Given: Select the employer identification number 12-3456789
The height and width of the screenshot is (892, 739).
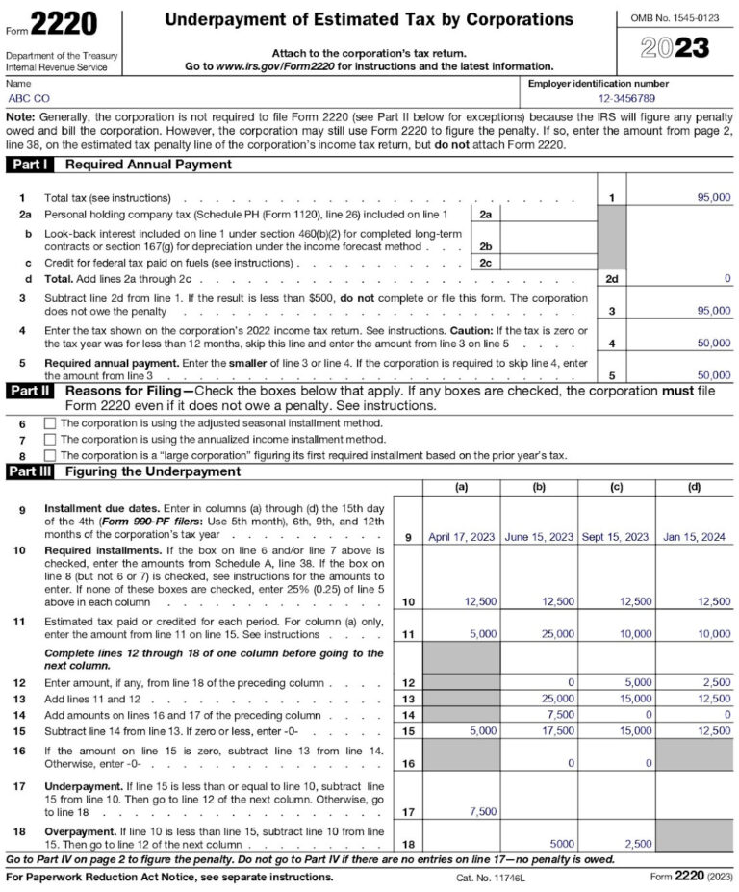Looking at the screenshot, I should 626,98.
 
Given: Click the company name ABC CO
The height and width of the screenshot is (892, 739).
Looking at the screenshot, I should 30,98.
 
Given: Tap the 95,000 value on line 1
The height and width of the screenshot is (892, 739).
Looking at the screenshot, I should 713,197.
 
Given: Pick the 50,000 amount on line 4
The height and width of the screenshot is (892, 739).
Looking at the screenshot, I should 713,343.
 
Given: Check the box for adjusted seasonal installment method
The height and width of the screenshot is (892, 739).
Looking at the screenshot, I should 50,423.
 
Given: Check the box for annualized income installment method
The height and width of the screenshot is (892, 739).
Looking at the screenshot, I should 50,440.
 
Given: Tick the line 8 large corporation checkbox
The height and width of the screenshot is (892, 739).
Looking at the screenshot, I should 50,455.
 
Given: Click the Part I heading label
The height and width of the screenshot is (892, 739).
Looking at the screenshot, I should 33,165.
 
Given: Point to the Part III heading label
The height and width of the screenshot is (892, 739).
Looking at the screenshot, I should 33,471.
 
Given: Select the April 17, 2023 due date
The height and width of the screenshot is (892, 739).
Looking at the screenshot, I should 461,537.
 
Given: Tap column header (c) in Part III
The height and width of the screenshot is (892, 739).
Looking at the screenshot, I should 616,488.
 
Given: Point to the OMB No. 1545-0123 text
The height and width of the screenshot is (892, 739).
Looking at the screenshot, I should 675,18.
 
